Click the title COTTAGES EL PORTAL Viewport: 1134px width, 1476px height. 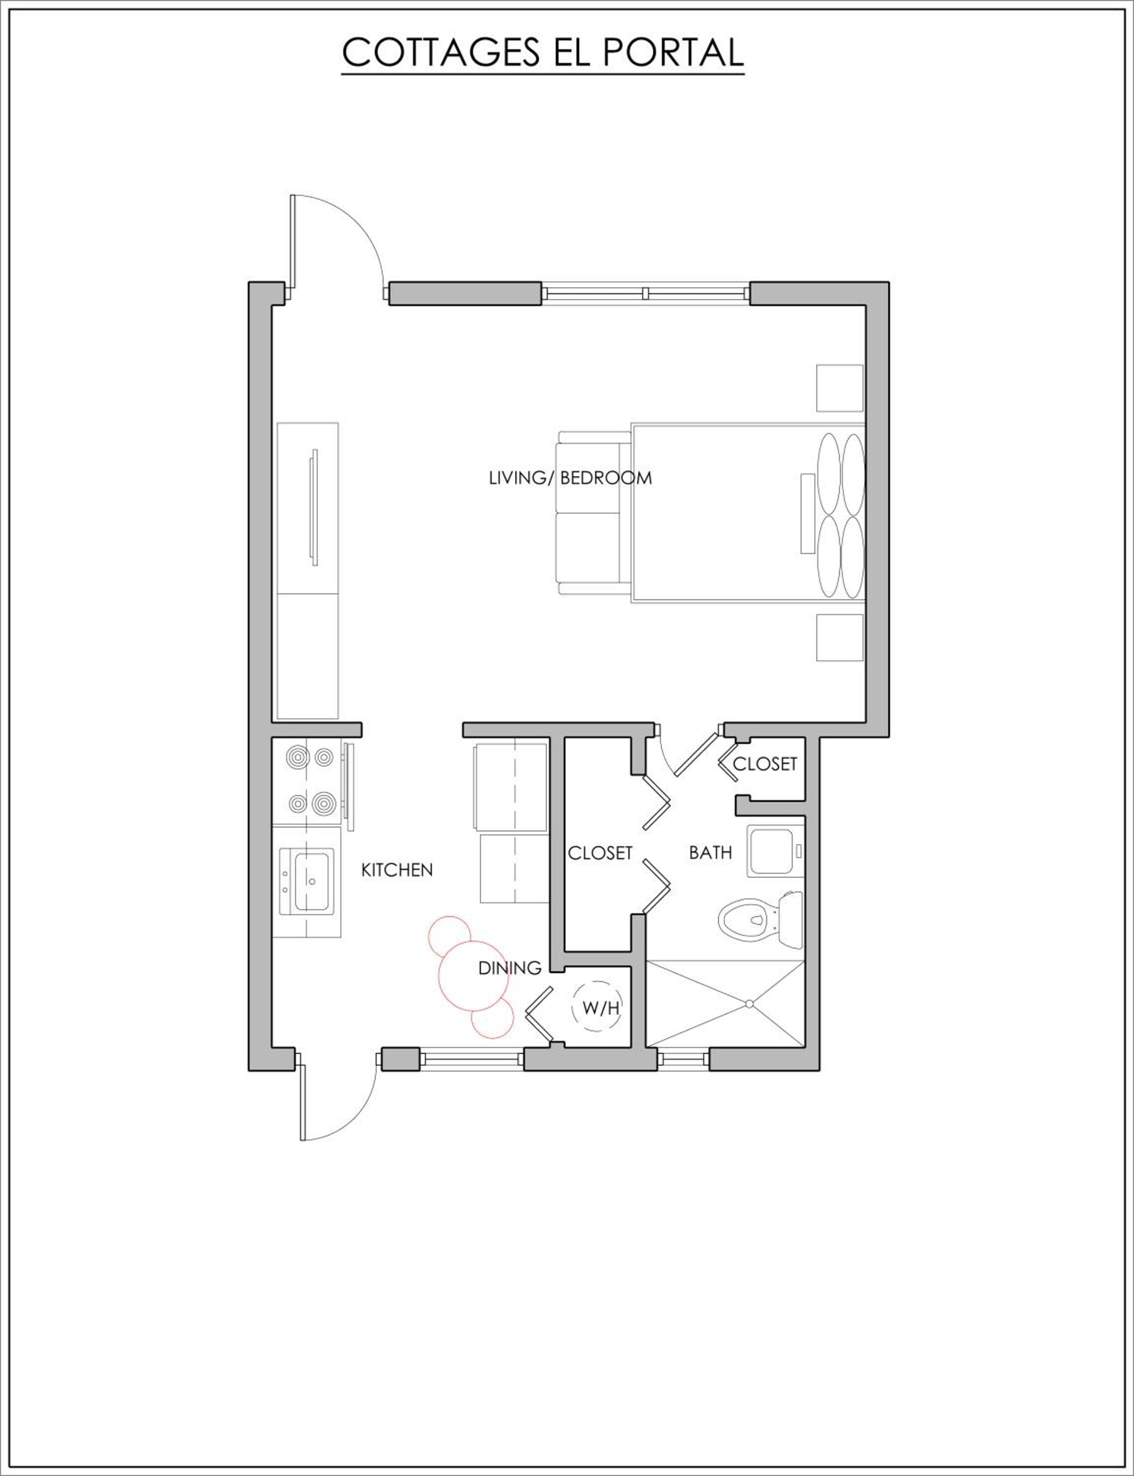tap(543, 52)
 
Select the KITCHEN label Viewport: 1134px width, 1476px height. tap(397, 870)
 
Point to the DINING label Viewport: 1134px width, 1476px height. tap(509, 968)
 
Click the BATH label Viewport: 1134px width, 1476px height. tap(710, 853)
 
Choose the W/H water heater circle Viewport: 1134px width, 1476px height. tap(596, 1009)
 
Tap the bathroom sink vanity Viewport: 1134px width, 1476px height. tap(776, 851)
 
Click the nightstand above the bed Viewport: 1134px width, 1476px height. tap(840, 388)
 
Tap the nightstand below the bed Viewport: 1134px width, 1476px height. tap(840, 638)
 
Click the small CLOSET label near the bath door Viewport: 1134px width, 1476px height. tap(765, 765)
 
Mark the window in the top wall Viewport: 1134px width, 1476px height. tap(645, 294)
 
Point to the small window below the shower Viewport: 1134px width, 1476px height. tap(683, 1059)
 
